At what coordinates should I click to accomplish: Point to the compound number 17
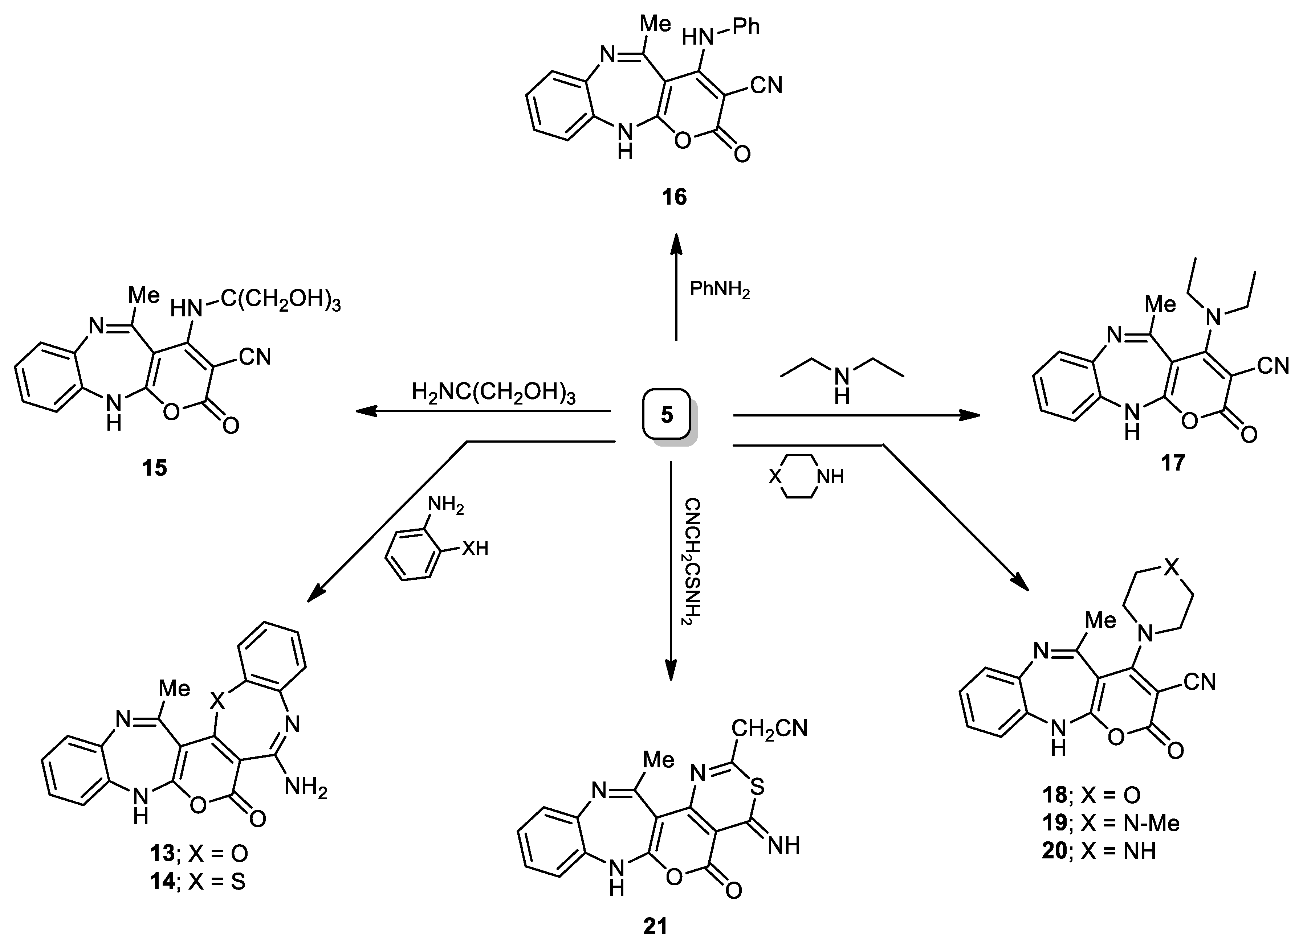click(x=1172, y=462)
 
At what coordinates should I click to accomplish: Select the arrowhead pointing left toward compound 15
click(x=365, y=411)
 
